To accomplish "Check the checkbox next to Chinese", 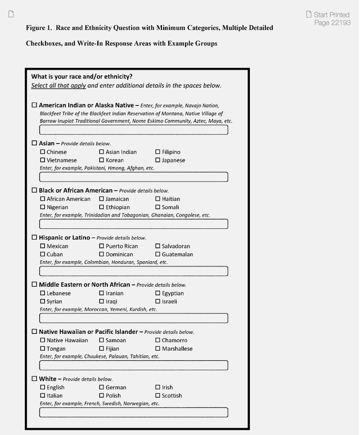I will coord(43,152).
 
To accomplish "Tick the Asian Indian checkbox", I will coord(102,152).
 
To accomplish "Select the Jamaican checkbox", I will coord(102,199).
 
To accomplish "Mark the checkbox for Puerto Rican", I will coord(102,246).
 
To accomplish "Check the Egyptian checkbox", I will coord(158,293).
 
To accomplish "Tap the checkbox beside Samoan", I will coord(102,340).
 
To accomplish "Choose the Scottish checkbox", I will coord(158,396).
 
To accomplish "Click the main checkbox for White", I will coord(34,379).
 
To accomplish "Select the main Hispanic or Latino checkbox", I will coord(34,237).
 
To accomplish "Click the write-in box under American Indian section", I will coord(133,130).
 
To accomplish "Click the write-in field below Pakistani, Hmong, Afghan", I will coord(133,177).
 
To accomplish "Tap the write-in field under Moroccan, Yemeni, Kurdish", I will coord(133,318).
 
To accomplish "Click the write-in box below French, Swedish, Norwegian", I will coord(133,412).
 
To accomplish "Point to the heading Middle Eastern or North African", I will coord(84,284).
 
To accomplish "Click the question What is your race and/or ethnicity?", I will coord(82,76).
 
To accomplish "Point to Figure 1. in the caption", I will coord(39,28).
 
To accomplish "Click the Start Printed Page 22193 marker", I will coord(331,19).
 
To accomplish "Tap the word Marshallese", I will coord(177,348).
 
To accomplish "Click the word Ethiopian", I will coord(118,207).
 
